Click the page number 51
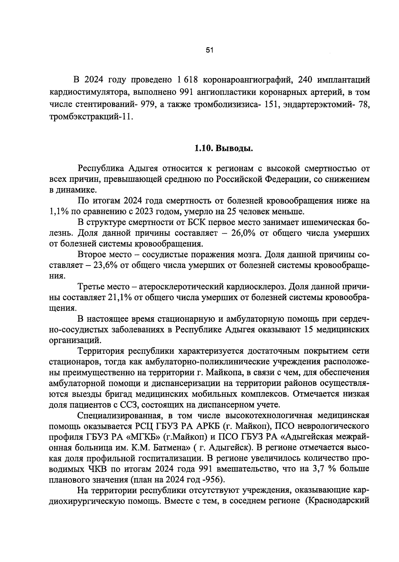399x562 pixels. coord(209,51)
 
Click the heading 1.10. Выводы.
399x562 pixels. coord(224,148)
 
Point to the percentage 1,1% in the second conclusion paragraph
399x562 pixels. coord(58,211)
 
